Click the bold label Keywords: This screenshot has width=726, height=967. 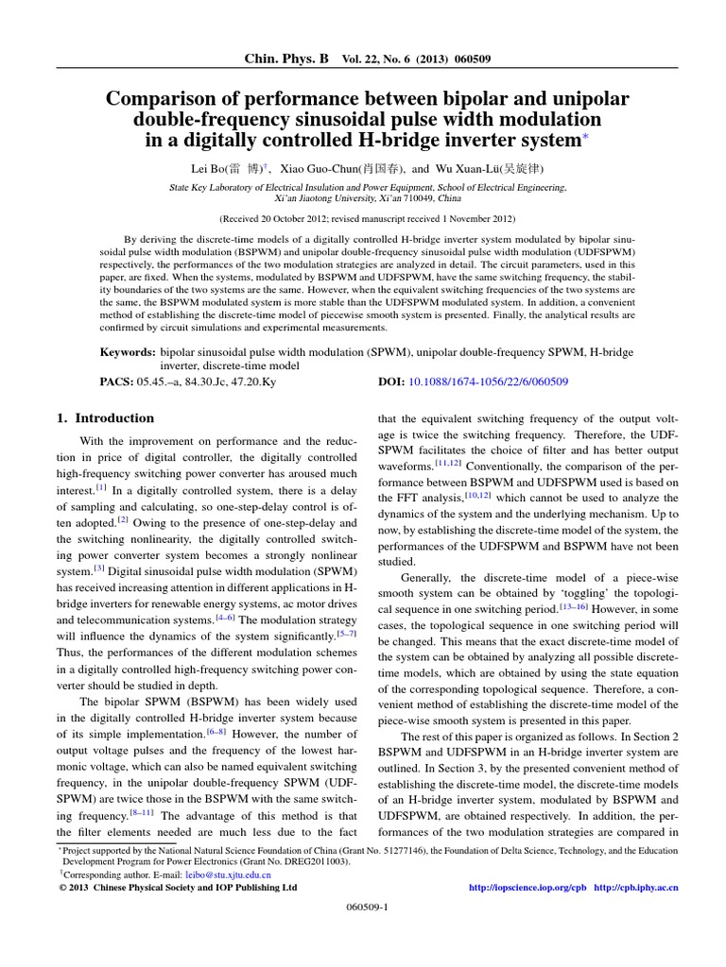(128, 351)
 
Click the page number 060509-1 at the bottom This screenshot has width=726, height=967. (363, 930)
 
